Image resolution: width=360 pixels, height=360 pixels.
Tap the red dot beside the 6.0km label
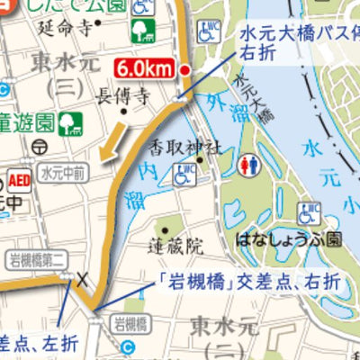[184, 69]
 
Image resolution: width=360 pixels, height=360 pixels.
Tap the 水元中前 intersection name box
[63, 167]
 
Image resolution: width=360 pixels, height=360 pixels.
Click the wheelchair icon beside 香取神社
[181, 176]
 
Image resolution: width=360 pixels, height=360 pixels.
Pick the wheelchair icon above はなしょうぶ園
[309, 214]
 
